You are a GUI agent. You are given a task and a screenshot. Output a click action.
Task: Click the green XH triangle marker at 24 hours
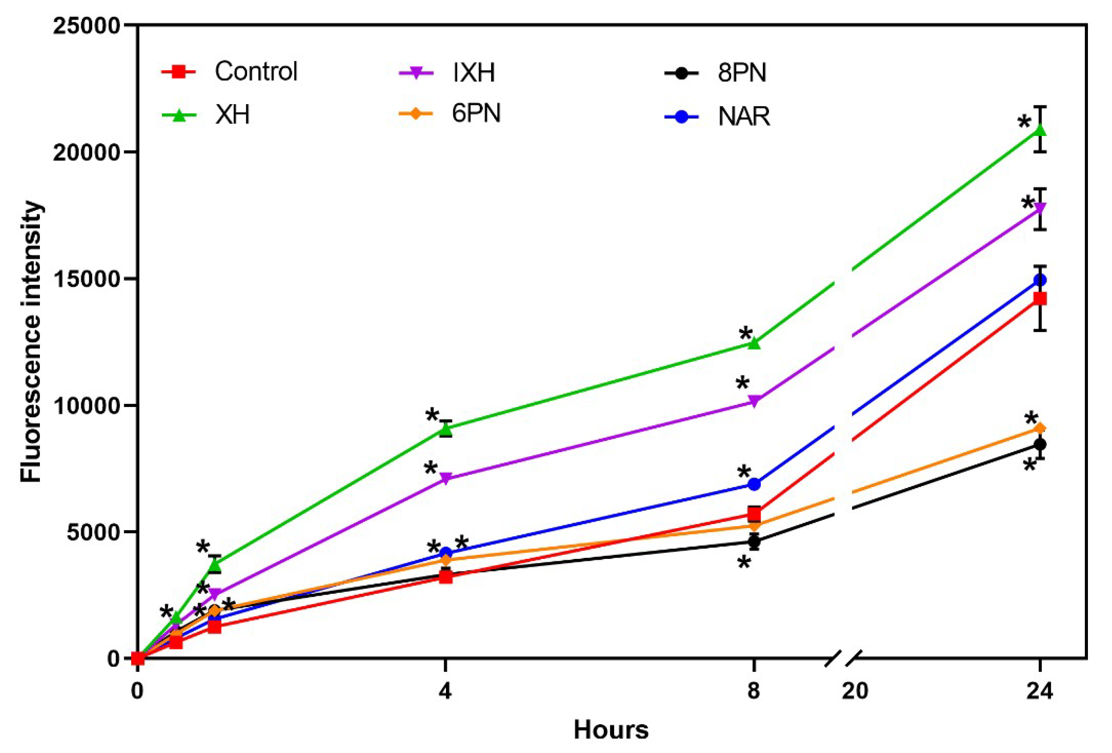click(x=1039, y=130)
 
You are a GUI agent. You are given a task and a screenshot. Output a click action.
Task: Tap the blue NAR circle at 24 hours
click(x=1039, y=279)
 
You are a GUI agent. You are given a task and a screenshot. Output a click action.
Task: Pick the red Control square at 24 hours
click(x=1039, y=299)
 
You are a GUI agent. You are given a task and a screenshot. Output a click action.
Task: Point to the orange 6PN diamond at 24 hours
click(x=1039, y=428)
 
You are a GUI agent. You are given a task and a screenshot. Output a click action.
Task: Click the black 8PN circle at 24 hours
click(x=1039, y=444)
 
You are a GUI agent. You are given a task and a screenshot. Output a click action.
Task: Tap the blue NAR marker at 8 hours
click(x=754, y=484)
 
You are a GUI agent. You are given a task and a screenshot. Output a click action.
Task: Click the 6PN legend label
click(x=476, y=114)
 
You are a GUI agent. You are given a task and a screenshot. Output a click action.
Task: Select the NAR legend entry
click(x=743, y=116)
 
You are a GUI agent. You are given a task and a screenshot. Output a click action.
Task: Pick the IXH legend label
click(x=474, y=73)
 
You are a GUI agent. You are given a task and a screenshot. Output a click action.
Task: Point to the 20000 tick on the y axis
click(x=85, y=152)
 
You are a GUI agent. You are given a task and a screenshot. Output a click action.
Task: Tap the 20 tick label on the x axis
click(x=854, y=691)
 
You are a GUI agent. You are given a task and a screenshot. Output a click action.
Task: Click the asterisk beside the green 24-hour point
click(x=1024, y=123)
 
